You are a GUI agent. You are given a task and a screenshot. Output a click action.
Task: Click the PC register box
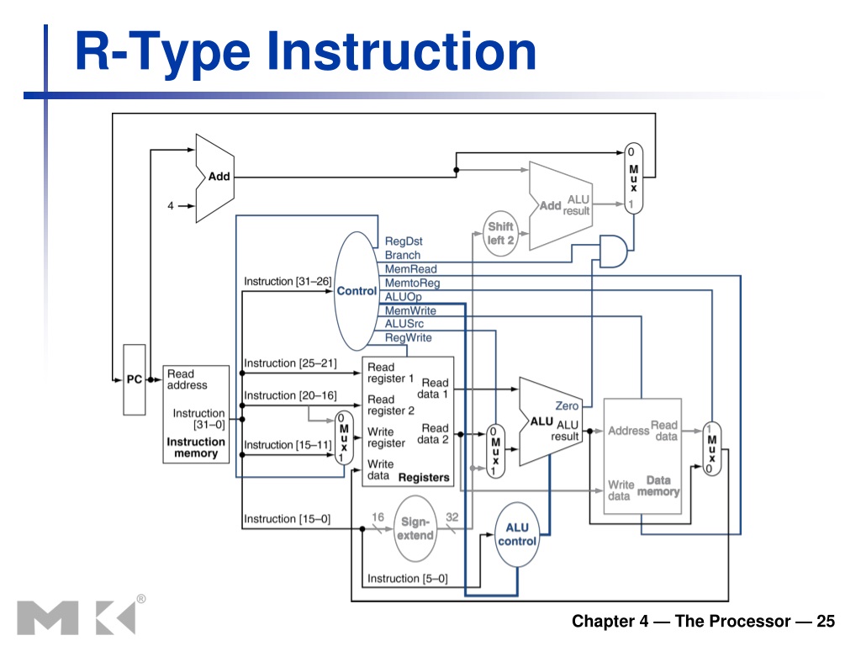[135, 379]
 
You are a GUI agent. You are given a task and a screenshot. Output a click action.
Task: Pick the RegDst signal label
[404, 241]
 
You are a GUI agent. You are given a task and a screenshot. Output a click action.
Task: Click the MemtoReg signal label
[412, 283]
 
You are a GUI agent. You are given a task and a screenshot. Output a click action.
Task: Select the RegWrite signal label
[408, 337]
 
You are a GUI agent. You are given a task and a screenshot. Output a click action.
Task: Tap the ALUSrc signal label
[404, 324]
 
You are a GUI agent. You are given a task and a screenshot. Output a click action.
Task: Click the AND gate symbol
[613, 252]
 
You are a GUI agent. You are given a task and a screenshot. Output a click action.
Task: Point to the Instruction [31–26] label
[288, 281]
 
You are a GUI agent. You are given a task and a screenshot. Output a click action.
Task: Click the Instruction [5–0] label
[408, 579]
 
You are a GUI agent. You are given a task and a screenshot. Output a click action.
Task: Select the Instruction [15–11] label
[288, 444]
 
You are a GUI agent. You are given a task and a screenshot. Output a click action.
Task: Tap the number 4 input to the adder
[170, 205]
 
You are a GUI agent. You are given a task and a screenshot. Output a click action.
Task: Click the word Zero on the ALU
[567, 405]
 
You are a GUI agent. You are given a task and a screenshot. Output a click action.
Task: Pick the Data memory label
[658, 485]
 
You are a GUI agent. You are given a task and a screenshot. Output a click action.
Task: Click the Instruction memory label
[196, 447]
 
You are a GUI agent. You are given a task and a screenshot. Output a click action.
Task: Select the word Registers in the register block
[424, 478]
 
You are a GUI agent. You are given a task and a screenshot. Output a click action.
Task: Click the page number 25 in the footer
[826, 621]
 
